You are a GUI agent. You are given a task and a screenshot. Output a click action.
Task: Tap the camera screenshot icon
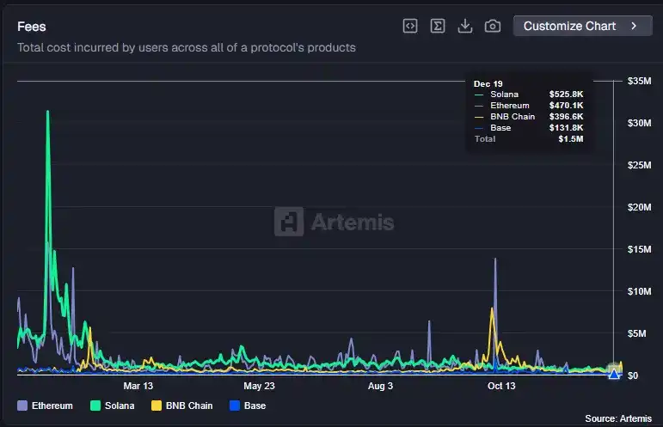(x=493, y=26)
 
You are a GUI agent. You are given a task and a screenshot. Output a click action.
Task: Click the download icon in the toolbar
(x=465, y=26)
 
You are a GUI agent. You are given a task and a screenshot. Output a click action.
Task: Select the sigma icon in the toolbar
(x=438, y=26)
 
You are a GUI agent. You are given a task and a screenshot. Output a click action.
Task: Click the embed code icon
(x=410, y=26)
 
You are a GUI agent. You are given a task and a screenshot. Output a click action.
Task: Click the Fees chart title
(x=32, y=27)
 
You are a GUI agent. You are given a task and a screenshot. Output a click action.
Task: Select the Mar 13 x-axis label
(x=138, y=387)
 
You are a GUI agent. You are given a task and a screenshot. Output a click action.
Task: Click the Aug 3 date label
(x=379, y=387)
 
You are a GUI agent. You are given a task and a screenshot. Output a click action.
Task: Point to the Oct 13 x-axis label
(x=500, y=387)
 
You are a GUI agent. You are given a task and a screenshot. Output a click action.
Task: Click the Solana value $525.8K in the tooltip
(x=566, y=95)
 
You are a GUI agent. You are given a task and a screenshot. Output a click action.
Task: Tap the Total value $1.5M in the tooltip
(x=570, y=138)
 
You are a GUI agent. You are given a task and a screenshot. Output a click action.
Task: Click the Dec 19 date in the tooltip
(x=488, y=83)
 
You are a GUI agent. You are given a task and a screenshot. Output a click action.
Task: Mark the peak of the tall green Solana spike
(x=47, y=111)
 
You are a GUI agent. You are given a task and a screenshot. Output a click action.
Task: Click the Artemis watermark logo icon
(x=288, y=223)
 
